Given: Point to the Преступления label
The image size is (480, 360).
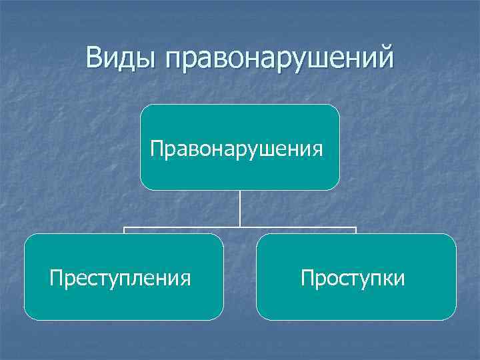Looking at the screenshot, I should point(120,277).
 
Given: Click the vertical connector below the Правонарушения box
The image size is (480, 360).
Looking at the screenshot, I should point(240,208).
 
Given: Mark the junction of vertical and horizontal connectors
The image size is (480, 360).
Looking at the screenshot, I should point(240,227).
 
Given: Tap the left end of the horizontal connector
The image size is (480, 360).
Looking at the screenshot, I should point(124,229).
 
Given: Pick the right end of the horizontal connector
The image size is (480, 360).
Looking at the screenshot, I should point(356,229).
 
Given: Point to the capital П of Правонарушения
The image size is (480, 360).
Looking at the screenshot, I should point(156,146).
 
